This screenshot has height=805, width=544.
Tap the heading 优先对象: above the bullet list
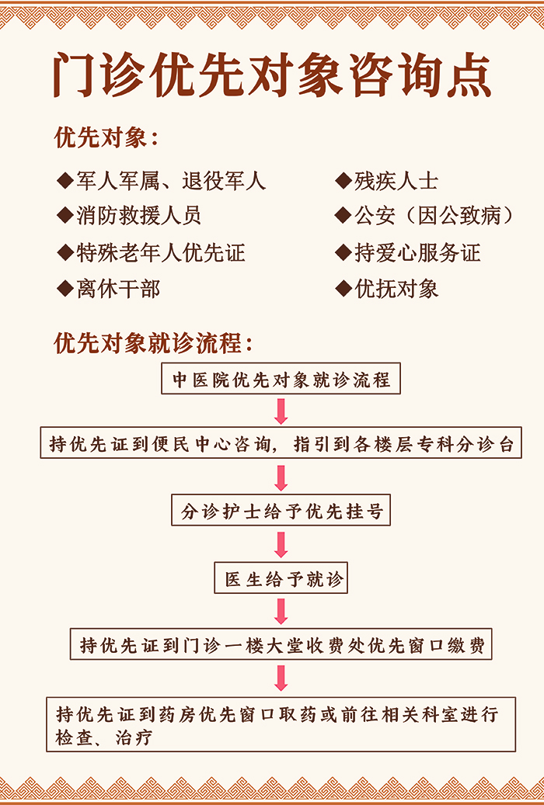106,137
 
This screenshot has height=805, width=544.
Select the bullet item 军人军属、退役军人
171,181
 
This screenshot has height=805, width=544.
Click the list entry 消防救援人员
139,215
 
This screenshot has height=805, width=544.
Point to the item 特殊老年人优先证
160,252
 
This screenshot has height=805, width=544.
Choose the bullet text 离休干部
118,289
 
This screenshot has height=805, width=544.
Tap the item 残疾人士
396,181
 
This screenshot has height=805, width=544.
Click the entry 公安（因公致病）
434,216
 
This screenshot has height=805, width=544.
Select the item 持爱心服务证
417,252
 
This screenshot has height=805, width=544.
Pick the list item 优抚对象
396,289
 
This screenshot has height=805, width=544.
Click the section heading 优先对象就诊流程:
153,343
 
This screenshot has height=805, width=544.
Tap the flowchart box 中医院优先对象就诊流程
281,379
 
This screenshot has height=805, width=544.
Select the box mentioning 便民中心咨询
281,442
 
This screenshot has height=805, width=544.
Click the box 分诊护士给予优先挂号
281,510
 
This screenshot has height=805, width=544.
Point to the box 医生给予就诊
281,578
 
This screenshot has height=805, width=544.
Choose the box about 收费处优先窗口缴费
281,644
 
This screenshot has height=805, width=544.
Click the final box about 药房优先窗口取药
281,724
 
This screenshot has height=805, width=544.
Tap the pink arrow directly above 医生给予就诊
281,545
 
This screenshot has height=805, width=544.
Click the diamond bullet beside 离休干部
65,289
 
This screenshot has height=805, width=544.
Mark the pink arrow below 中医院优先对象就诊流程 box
281,411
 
